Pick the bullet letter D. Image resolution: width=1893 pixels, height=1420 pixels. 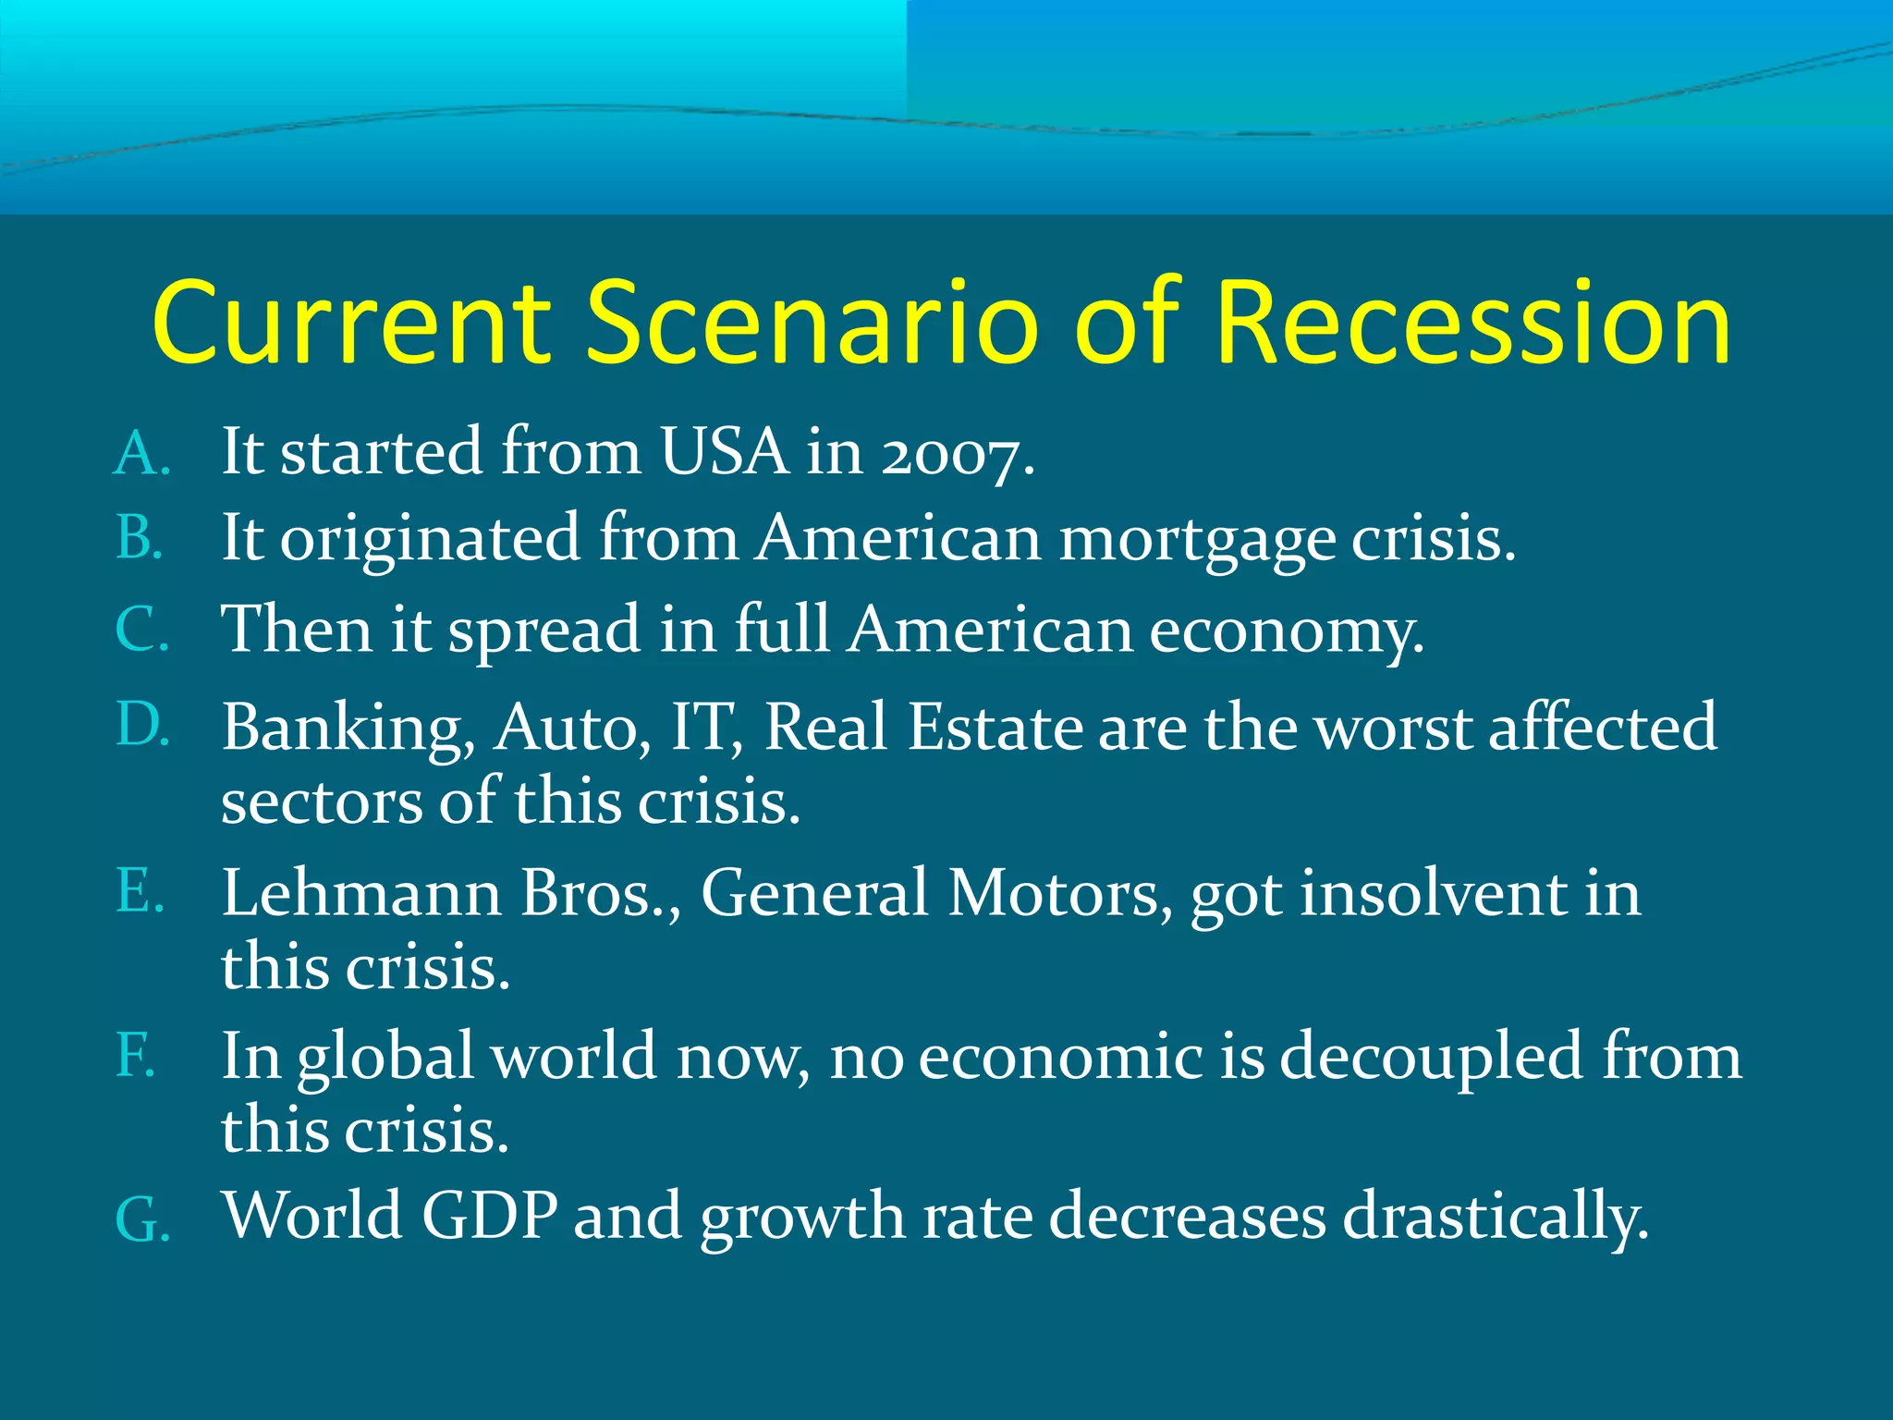click(141, 724)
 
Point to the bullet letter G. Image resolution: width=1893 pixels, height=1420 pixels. click(141, 1220)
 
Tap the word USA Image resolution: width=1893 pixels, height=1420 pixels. click(724, 453)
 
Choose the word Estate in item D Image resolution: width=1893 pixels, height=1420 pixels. click(995, 728)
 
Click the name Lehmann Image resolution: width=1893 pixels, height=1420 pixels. click(361, 894)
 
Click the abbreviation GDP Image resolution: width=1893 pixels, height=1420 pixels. click(490, 1216)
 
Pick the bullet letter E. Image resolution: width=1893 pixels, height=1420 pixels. click(140, 892)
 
